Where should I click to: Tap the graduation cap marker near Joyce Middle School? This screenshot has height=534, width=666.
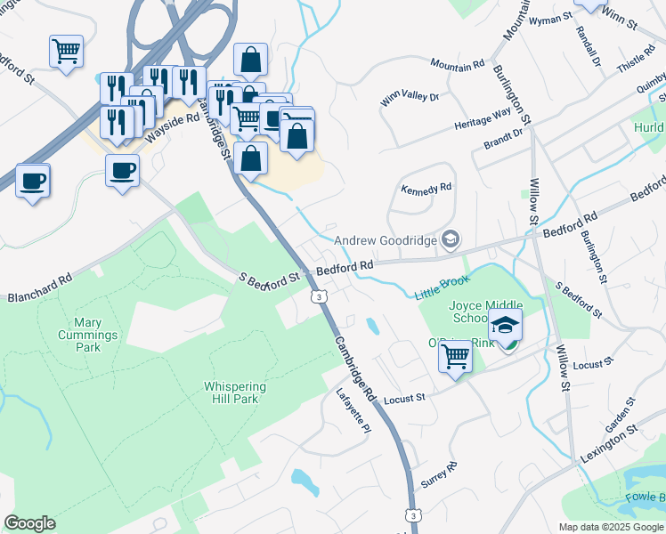(x=506, y=327)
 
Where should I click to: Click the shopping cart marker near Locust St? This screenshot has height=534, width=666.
(x=456, y=356)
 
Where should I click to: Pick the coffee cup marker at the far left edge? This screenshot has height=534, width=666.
(x=33, y=181)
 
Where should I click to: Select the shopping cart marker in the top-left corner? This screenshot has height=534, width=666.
(x=66, y=51)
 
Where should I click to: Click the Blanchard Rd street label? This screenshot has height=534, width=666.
(x=40, y=287)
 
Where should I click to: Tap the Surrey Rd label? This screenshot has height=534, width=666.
(x=438, y=473)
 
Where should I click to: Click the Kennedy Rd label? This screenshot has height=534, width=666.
(x=427, y=189)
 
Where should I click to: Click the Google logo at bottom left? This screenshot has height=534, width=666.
(x=29, y=523)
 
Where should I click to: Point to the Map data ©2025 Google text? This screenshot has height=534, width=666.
(x=610, y=527)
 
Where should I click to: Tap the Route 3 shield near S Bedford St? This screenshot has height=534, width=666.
(x=316, y=296)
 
